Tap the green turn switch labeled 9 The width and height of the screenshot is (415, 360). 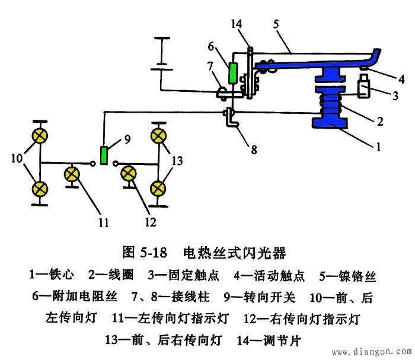click(x=104, y=155)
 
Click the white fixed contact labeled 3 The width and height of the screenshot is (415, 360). click(x=363, y=90)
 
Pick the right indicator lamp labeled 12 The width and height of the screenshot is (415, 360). click(x=129, y=173)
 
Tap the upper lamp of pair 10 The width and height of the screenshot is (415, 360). click(x=40, y=135)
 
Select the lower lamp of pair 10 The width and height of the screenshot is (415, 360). click(x=40, y=189)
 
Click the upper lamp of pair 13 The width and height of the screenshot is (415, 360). click(x=158, y=136)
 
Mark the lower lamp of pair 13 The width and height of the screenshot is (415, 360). click(x=158, y=189)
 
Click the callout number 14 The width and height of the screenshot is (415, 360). click(x=237, y=23)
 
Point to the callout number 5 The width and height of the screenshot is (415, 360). click(x=276, y=26)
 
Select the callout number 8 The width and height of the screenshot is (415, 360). click(x=254, y=150)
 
